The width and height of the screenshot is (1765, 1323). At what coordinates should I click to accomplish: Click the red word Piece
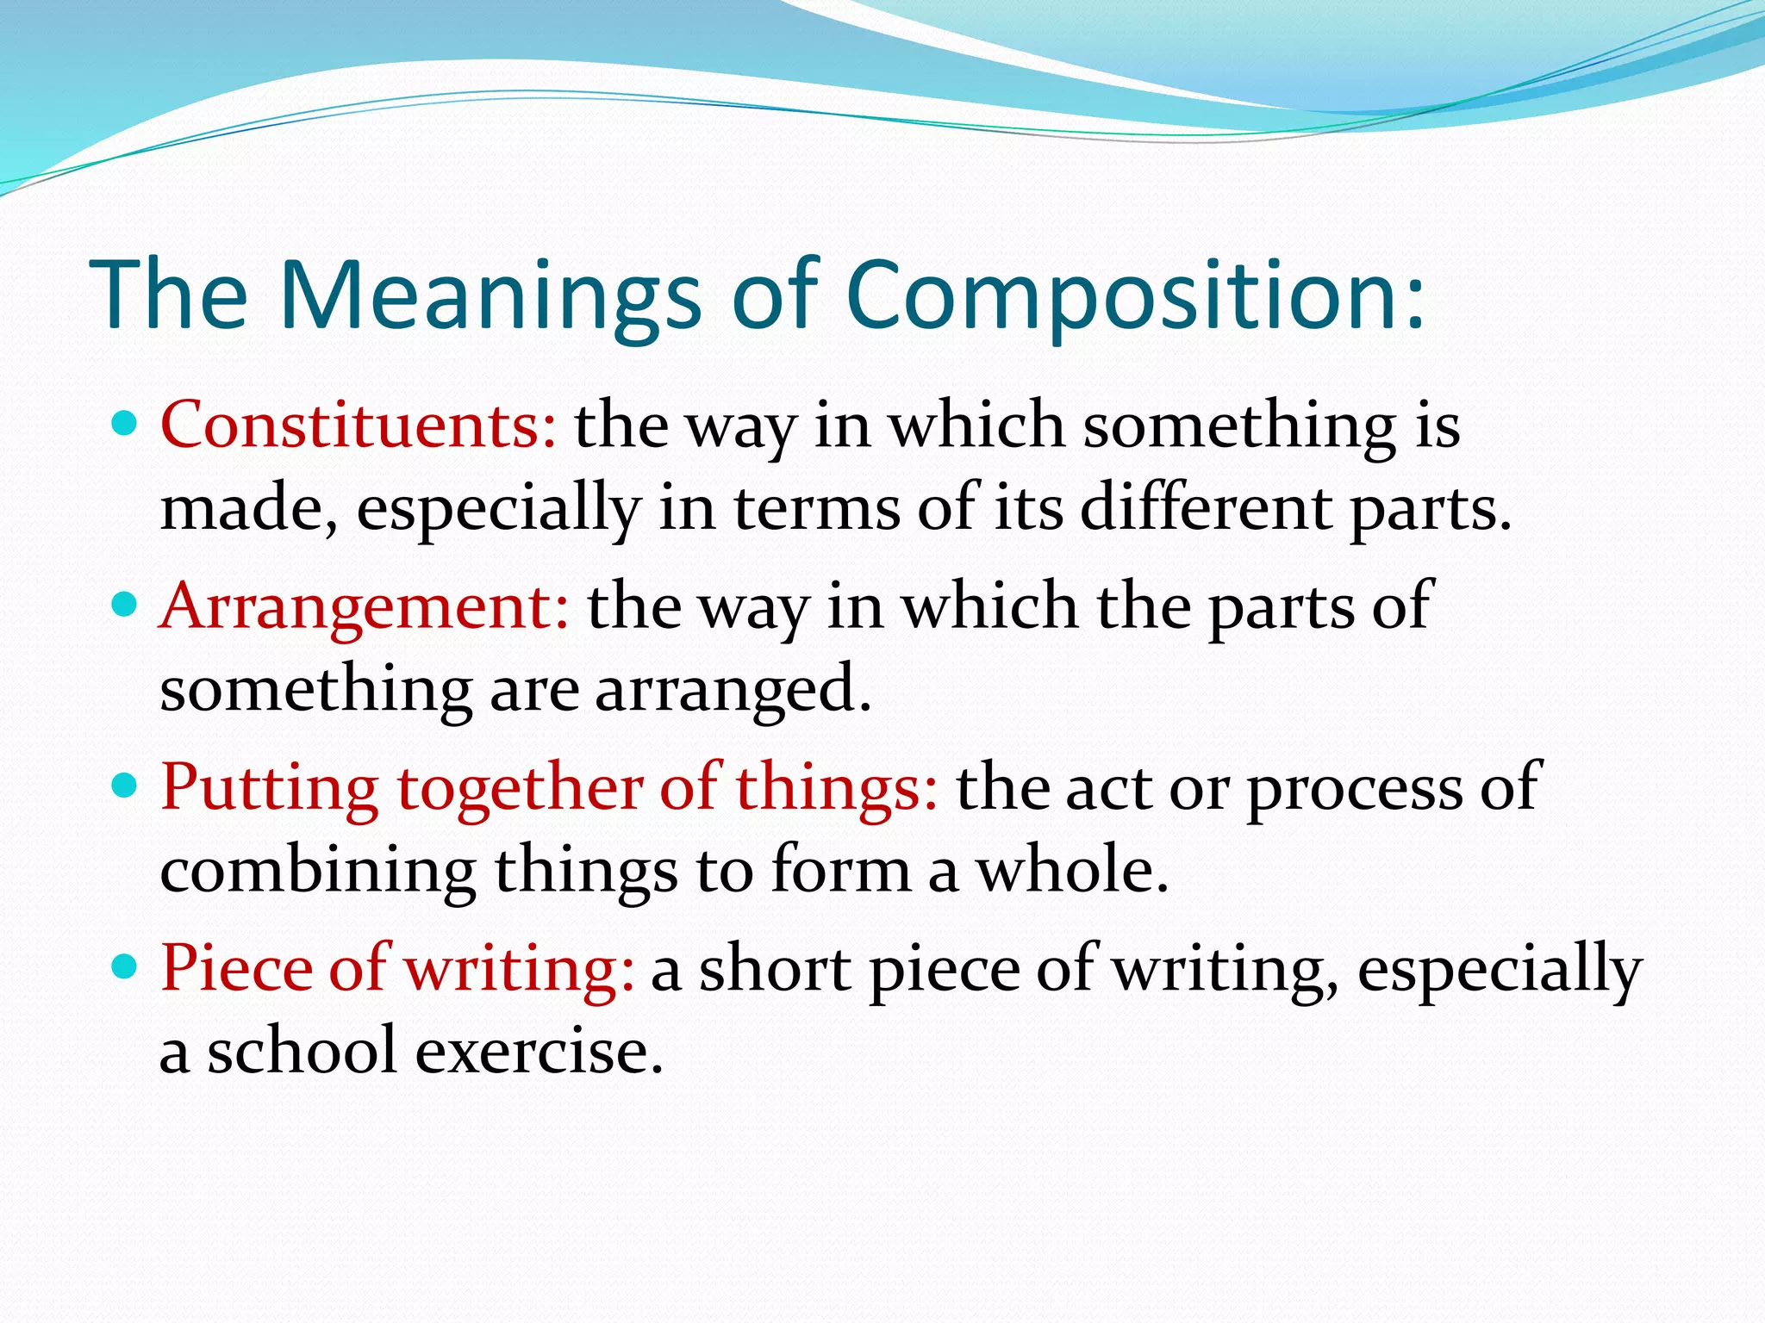click(236, 969)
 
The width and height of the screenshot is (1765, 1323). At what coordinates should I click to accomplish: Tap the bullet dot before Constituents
click(126, 424)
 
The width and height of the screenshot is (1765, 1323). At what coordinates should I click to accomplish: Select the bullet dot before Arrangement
click(126, 605)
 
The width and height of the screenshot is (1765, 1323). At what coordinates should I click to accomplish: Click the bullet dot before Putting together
click(126, 786)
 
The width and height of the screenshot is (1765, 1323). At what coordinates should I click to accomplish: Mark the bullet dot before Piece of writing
click(126, 966)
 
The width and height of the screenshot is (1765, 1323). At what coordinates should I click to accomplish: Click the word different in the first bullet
click(1206, 508)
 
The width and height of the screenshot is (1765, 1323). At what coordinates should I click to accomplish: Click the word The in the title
click(169, 297)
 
